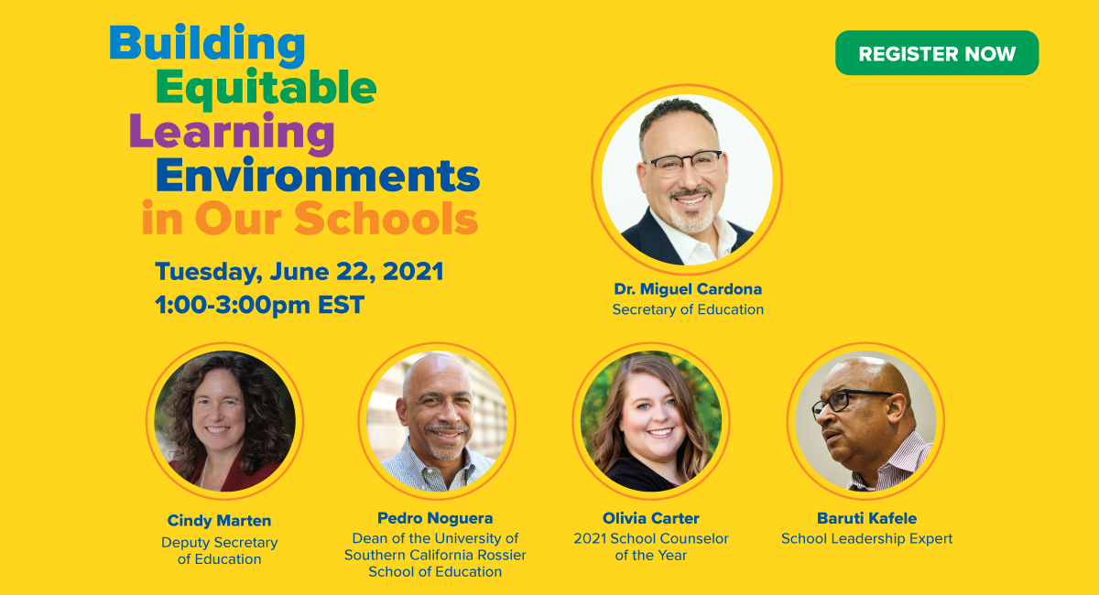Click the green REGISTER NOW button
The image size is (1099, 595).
click(x=936, y=53)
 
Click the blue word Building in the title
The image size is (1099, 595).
click(x=207, y=43)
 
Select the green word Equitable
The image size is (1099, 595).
click(x=266, y=88)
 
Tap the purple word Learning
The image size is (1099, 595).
click(x=232, y=132)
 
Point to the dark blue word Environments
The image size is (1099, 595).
click(x=317, y=175)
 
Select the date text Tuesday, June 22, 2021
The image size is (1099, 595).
click(x=299, y=272)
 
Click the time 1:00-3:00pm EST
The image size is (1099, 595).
click(x=259, y=305)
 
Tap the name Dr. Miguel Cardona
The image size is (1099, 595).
click(x=688, y=289)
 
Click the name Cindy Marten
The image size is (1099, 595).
click(x=219, y=521)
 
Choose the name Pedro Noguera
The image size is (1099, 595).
click(x=435, y=518)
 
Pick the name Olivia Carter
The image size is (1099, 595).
click(x=650, y=518)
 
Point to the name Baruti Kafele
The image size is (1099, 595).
click(x=866, y=518)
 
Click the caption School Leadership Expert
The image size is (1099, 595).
click(x=866, y=539)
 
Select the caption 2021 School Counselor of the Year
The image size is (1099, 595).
click(x=650, y=546)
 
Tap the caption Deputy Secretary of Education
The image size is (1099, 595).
click(x=219, y=550)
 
